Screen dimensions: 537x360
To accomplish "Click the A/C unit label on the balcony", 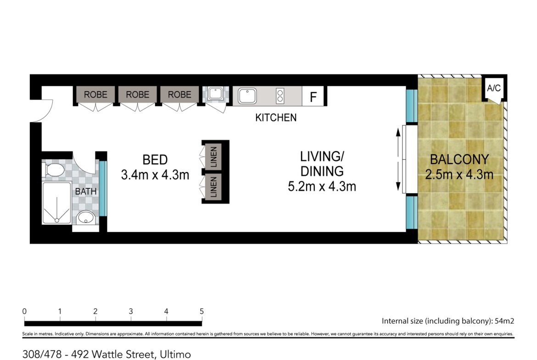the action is tap(493, 89).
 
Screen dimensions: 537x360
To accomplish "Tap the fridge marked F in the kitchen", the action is tap(313, 96).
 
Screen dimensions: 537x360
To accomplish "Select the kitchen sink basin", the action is tap(247, 96).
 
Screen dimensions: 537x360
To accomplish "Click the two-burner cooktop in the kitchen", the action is tap(280, 96).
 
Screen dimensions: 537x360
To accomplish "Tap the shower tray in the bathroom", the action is tap(56, 203).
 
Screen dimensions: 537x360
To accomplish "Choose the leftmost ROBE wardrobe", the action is tap(95, 94).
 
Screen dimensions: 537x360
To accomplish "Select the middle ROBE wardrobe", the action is tap(137, 94).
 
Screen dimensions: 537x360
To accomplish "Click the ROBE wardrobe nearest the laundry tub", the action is tap(179, 94).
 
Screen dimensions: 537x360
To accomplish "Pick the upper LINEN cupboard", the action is tap(213, 157).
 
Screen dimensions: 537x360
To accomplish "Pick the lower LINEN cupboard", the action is tap(213, 187).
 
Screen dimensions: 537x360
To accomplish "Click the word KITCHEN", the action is tap(276, 118).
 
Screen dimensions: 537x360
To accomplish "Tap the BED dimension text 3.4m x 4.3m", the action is tap(155, 175).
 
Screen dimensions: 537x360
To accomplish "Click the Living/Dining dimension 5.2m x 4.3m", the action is tap(322, 187).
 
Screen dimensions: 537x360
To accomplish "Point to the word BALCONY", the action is tap(459, 160).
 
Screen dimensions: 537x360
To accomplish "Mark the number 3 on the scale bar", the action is tap(131, 311).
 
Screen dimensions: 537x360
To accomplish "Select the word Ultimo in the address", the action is tap(175, 354).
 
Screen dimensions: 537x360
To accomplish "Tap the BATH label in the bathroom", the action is tap(86, 192).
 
